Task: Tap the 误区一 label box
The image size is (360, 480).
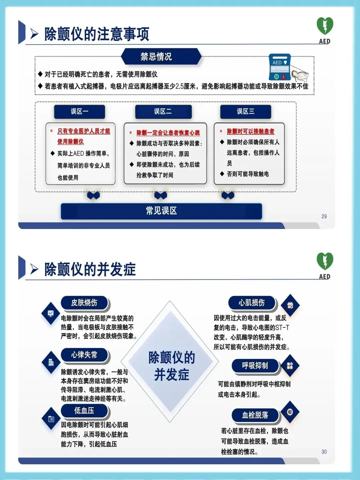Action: (79, 111)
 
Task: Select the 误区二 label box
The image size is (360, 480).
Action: (163, 111)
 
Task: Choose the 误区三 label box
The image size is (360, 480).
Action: (246, 111)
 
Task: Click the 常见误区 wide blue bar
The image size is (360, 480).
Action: (161, 211)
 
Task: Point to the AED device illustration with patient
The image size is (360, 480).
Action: (287, 69)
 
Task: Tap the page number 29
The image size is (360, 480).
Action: (324, 216)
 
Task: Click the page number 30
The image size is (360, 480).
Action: (324, 452)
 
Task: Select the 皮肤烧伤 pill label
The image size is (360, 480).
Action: (84, 303)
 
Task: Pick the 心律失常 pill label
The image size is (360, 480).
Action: (84, 355)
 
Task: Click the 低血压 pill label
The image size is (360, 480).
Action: (84, 411)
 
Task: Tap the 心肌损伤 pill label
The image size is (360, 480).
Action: (252, 303)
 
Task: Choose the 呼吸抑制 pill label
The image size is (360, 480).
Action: (255, 366)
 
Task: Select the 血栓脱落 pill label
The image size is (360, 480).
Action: (255, 415)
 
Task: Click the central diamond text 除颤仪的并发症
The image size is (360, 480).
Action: (171, 366)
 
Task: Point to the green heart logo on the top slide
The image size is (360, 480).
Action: (325, 26)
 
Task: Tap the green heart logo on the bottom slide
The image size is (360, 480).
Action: (325, 261)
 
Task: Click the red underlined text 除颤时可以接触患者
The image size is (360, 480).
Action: (251, 131)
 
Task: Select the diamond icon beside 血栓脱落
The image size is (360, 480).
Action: (290, 412)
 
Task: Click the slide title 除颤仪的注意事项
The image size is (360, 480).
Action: (97, 34)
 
